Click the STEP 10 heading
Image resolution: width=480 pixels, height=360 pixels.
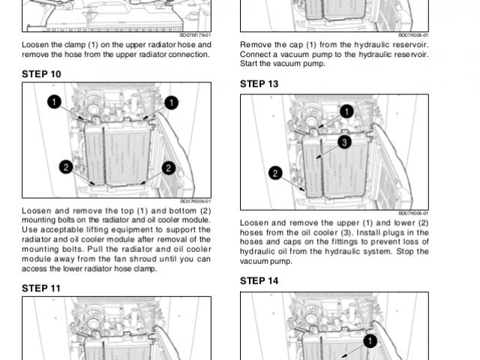pos(42,74)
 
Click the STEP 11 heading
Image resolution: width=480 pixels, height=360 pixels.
pos(41,288)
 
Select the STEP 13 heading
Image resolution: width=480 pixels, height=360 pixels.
pos(259,84)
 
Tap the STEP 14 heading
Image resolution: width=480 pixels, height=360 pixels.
pos(259,281)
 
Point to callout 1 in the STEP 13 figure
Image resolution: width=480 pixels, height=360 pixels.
pos(346,111)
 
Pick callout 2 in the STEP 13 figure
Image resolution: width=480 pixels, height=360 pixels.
pos(275,173)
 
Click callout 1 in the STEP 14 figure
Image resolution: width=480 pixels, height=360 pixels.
pos(369,341)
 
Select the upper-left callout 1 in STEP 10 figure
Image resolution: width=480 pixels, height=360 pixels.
pos(55,101)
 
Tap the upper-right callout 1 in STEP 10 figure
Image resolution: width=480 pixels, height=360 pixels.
pos(172,101)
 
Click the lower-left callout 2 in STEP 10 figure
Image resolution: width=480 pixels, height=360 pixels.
pos(66,167)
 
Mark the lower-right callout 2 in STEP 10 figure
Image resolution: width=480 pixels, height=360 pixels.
pos(169,167)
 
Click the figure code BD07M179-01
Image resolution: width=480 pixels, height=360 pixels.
pos(196,34)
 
